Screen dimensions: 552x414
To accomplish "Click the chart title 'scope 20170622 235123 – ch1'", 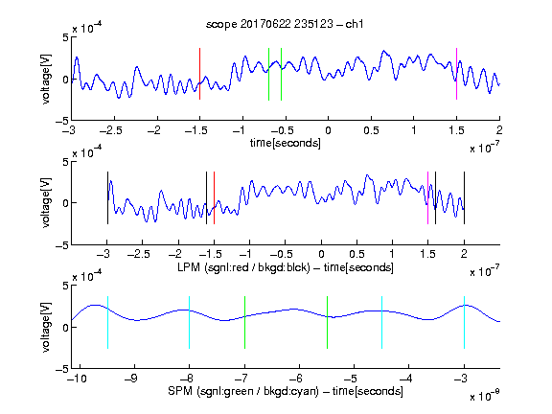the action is (x=285, y=24).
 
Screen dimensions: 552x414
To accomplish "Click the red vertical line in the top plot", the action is (x=199, y=74).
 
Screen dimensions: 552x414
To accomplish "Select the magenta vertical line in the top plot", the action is (x=456, y=74).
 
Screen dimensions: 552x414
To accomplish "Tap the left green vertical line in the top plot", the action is (x=268, y=75).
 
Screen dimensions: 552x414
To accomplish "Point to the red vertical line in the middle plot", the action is (x=214, y=197).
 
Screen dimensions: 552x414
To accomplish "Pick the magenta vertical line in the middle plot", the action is (x=427, y=197).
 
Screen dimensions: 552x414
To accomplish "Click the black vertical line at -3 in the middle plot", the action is (x=107, y=197).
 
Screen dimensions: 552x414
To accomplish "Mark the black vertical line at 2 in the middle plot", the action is (x=464, y=197).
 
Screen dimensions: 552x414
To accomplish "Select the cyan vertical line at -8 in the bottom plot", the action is (x=190, y=322).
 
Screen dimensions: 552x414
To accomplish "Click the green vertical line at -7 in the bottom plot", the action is (x=244, y=322).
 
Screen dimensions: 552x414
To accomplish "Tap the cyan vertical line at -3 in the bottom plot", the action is (x=464, y=322).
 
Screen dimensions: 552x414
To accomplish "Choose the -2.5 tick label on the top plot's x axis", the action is (x=110, y=130).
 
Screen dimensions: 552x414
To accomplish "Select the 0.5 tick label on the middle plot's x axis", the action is (x=356, y=254).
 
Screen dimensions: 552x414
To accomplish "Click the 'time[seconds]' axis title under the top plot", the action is (x=286, y=144).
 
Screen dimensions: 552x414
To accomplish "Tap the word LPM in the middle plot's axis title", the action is (x=189, y=267).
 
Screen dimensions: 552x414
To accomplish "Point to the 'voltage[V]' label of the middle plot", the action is (x=46, y=203).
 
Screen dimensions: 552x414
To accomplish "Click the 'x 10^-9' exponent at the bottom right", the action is (x=485, y=396).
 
